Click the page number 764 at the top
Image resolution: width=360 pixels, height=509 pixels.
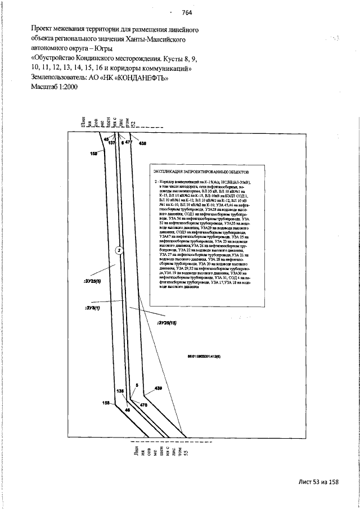[187, 13]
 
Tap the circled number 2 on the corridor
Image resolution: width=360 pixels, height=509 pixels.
[119, 250]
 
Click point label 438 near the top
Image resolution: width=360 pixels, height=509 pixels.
[142, 144]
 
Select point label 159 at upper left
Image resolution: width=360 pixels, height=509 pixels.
[93, 152]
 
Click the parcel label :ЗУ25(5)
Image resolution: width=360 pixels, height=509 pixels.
[91, 280]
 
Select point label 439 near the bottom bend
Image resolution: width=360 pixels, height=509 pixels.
[158, 389]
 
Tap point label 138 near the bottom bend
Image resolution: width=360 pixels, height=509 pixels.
[119, 390]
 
